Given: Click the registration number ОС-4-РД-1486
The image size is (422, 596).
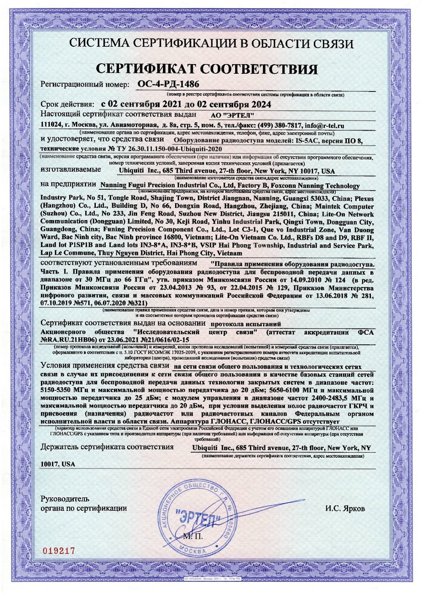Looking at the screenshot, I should click(168, 84).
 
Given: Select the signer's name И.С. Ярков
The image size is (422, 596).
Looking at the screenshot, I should click(345, 508).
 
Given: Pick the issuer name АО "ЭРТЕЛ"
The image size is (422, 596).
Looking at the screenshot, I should click(232, 115).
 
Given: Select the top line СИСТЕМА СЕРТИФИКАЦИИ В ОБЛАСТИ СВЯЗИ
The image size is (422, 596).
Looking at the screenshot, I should click(211, 43).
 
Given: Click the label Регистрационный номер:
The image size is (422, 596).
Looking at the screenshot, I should click(84, 84).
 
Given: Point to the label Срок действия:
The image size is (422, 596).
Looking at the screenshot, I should click(68, 104).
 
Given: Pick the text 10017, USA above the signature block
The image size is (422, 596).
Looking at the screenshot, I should click(58, 464).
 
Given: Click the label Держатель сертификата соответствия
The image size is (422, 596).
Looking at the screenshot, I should click(107, 447).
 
